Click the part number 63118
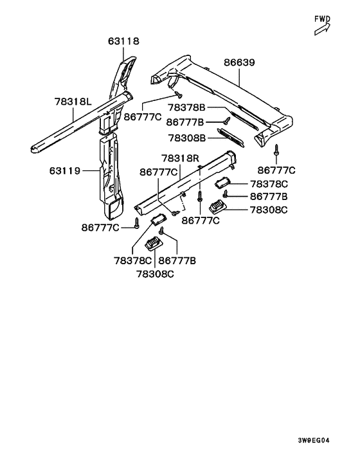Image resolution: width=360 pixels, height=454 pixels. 123,41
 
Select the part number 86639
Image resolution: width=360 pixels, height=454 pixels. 239,62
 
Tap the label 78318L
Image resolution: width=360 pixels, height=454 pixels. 73,102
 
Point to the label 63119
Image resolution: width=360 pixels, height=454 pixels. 64,171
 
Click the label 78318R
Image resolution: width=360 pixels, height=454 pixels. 181,158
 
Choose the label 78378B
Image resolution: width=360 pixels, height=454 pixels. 186,107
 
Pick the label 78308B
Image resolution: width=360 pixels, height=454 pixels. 187,138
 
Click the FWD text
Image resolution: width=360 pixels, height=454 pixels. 322,19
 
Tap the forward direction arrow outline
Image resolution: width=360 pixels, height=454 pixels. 322,29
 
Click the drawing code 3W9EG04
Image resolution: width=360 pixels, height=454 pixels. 314,440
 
